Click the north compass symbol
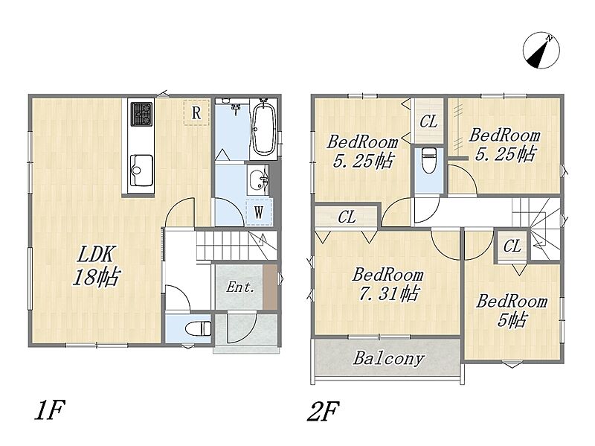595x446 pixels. coord(541,51)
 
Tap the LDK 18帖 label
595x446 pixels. coord(96,266)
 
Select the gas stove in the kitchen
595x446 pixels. coord(142,114)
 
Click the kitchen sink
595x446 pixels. coord(141,171)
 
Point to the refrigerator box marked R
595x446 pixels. coord(196,112)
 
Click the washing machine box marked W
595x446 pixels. coord(259,212)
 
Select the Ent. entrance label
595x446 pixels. coord(239,287)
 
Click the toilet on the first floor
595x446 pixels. coord(199,328)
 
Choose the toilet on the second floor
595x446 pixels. coord(429,160)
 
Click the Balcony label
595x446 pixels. coord(388,359)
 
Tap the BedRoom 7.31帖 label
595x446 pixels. coord(387,284)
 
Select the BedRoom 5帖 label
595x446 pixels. coord(512,310)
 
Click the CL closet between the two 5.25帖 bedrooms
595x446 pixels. coord(428,121)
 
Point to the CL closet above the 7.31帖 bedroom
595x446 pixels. coord(347,217)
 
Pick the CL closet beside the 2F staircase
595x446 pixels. coord(512,246)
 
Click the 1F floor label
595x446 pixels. coord(50,411)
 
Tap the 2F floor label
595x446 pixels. coord(323,411)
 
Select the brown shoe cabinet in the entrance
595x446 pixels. coord(270,287)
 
